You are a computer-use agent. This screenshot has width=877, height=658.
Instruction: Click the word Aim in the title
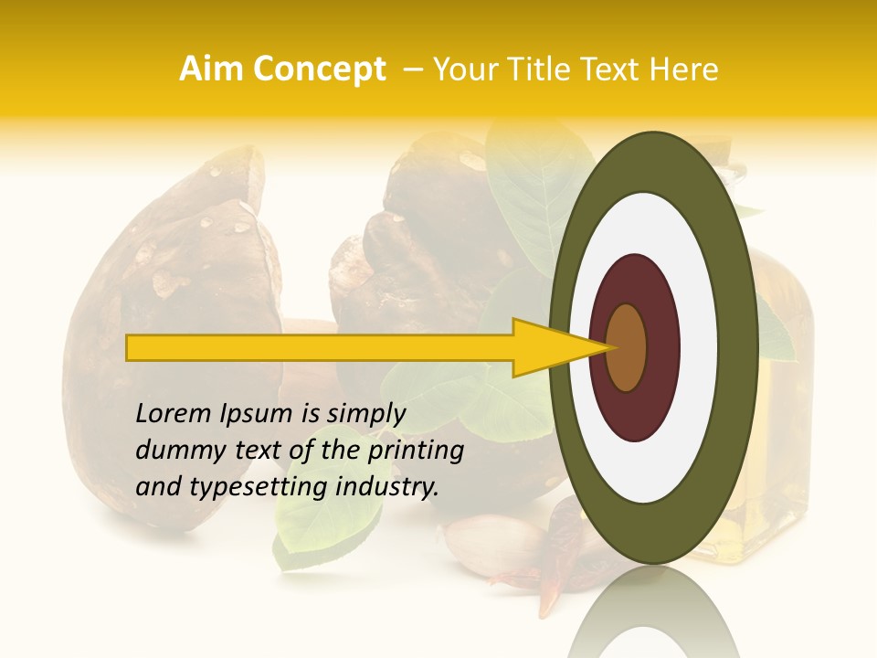(x=212, y=69)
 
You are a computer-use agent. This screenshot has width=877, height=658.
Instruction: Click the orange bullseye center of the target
(x=627, y=347)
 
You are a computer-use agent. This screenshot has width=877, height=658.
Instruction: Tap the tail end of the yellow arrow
(x=132, y=347)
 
